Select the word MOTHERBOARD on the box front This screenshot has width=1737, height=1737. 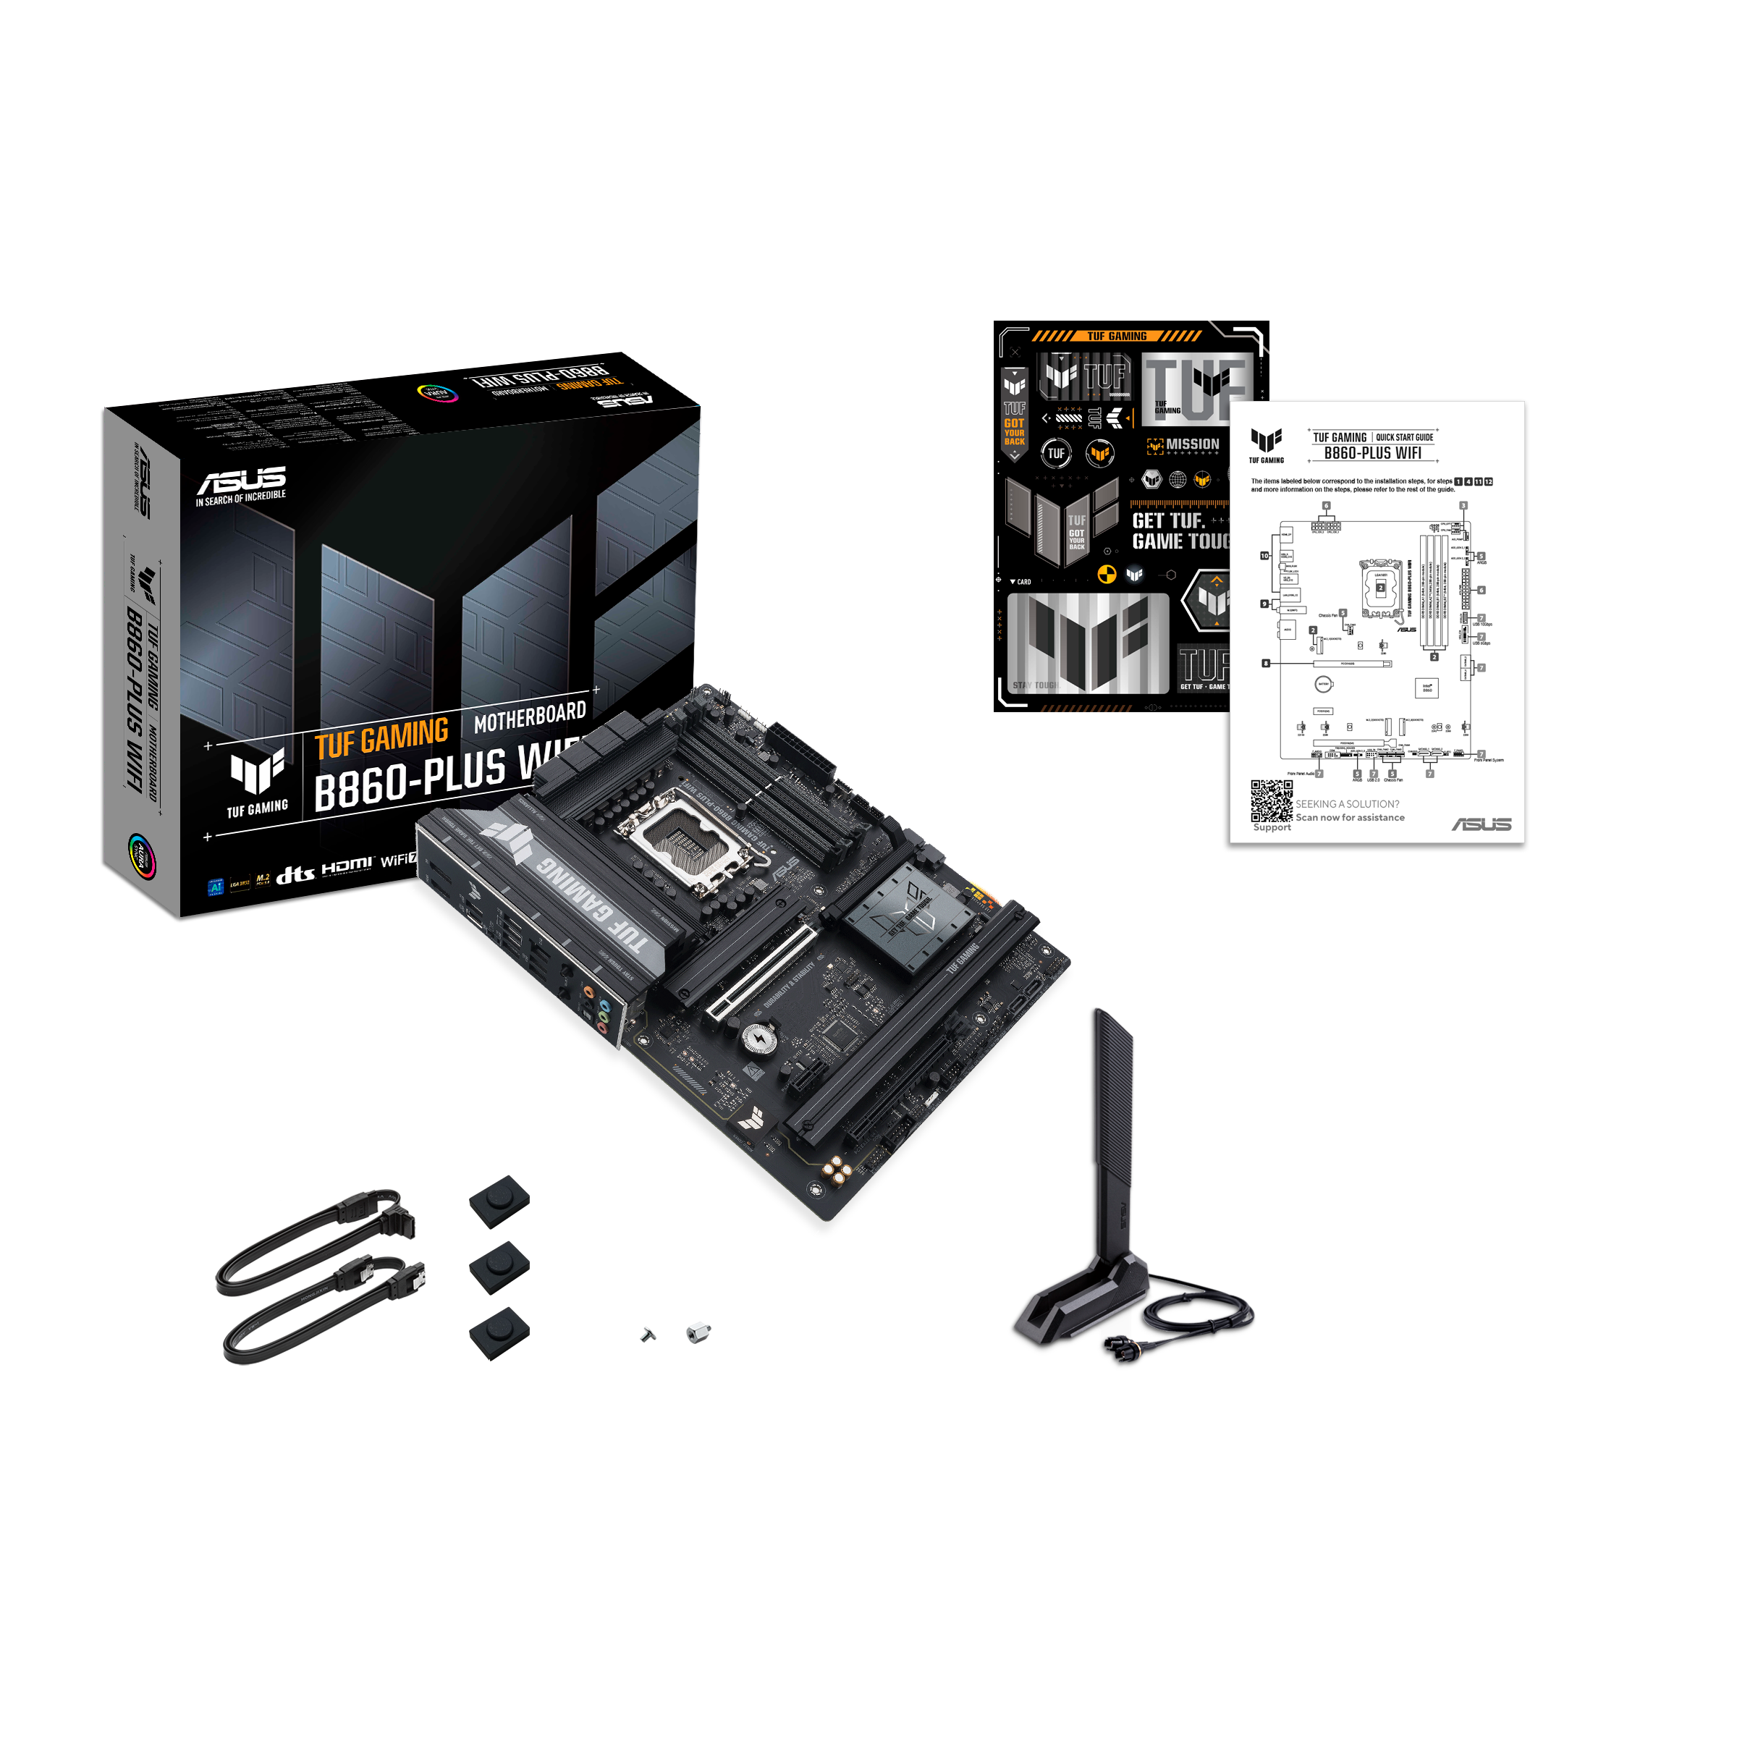pyautogui.click(x=530, y=716)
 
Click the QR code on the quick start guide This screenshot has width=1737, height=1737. pyautogui.click(x=1272, y=800)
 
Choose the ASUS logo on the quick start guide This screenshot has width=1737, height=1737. pyautogui.click(x=1482, y=824)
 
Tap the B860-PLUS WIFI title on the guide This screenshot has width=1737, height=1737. pyautogui.click(x=1372, y=454)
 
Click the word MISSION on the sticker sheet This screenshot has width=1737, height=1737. pyautogui.click(x=1192, y=444)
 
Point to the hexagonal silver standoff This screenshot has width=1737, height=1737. pyautogui.click(x=698, y=1332)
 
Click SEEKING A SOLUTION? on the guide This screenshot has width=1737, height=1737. pyautogui.click(x=1347, y=804)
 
